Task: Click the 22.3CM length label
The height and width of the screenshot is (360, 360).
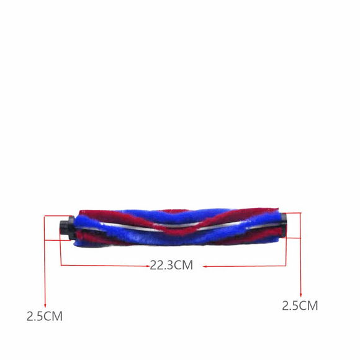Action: pyautogui.click(x=171, y=265)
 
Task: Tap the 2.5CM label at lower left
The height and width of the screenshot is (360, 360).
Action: pyautogui.click(x=45, y=315)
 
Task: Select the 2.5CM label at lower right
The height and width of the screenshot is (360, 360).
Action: pyautogui.click(x=300, y=305)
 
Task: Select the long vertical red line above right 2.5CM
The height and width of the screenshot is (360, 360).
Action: pyautogui.click(x=300, y=254)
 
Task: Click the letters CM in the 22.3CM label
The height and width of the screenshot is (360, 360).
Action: pyautogui.click(x=184, y=265)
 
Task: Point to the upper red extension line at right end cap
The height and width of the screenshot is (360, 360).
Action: pyautogui.click(x=294, y=213)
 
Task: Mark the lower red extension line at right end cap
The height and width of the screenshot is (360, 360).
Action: pyautogui.click(x=294, y=237)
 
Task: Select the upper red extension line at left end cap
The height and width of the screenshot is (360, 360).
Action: pyautogui.click(x=53, y=216)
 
